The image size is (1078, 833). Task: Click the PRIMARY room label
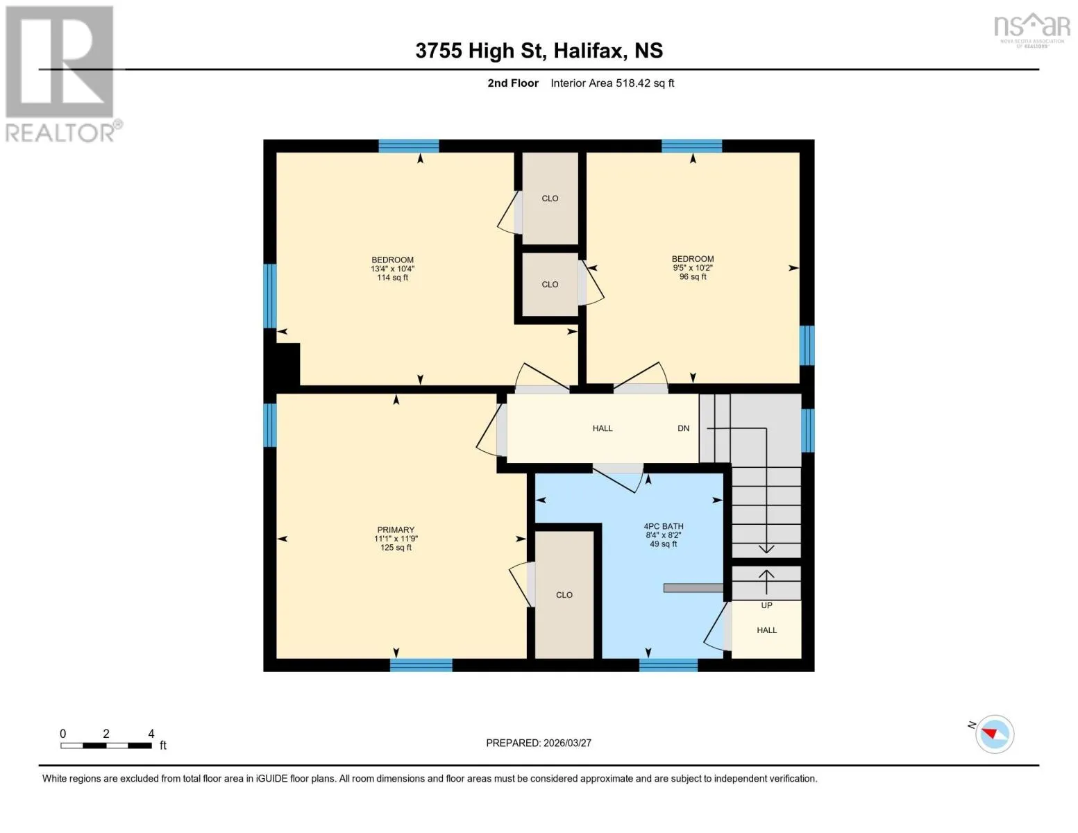click(x=396, y=530)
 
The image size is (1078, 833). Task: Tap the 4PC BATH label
click(x=664, y=526)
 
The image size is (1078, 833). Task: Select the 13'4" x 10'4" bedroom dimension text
click(x=392, y=269)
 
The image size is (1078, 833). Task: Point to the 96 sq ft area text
click(x=693, y=276)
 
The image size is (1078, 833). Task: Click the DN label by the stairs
click(x=683, y=428)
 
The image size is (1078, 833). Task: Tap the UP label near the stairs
click(x=766, y=605)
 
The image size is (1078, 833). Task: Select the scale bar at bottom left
click(x=106, y=745)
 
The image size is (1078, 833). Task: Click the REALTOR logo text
click(x=60, y=133)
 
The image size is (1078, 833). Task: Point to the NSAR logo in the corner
click(x=1032, y=30)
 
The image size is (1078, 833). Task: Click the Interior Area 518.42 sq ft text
click(x=612, y=83)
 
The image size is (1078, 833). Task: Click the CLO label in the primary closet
click(x=564, y=595)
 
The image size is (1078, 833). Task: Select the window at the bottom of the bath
click(x=668, y=665)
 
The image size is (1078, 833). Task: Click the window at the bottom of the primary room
click(x=421, y=665)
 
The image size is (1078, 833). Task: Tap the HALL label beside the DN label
click(x=603, y=428)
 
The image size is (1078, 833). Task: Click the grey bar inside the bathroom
click(x=693, y=588)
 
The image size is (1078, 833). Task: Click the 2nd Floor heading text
click(x=512, y=83)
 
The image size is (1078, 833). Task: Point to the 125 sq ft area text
click(x=396, y=547)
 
